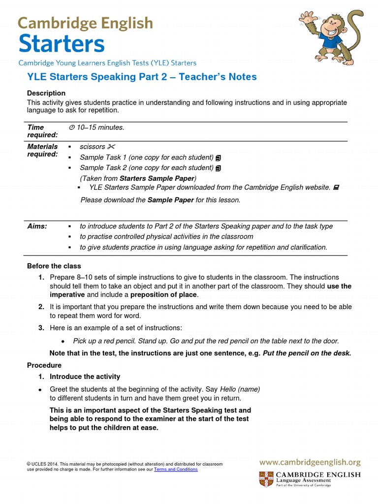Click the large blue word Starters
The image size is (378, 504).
point(62,44)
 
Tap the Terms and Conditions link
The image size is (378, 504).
point(176,470)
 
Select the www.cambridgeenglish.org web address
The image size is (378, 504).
point(310,462)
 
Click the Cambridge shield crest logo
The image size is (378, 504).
point(266,479)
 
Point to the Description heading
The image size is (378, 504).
point(46,93)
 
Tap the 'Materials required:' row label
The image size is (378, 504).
point(42,151)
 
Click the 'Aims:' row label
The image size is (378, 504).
point(37,226)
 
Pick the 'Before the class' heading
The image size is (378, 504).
point(54,266)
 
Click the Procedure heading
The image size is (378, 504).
point(44,365)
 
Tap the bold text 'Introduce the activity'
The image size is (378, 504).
point(85,377)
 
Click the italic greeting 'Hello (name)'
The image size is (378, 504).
point(240,389)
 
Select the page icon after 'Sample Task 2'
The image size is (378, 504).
point(218,168)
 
